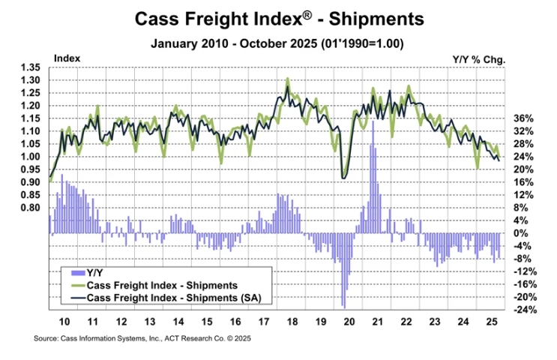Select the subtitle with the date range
point(278,43)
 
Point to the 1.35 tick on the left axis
point(31,67)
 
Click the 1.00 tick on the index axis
point(31,157)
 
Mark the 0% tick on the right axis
point(524,233)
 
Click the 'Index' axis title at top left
point(67,58)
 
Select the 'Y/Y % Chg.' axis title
point(479,58)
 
